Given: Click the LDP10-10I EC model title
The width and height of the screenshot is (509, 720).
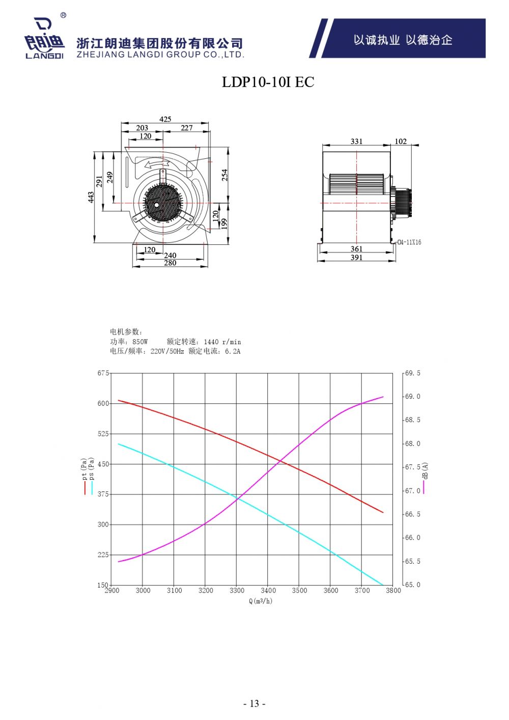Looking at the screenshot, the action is (x=268, y=82).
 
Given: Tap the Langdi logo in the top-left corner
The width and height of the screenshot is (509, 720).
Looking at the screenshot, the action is (x=44, y=38).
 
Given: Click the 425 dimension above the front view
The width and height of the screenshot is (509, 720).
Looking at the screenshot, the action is (x=165, y=119).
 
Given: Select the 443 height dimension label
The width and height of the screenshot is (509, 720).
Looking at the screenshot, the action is (x=91, y=197).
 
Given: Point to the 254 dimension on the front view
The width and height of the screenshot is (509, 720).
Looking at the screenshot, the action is (x=224, y=175).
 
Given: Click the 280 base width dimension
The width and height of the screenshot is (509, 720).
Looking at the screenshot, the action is (x=170, y=263).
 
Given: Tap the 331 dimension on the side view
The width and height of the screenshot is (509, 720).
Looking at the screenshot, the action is (x=356, y=142).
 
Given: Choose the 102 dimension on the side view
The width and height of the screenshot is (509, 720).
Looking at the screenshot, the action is (x=401, y=142).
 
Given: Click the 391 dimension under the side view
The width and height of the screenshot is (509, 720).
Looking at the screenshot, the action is (x=356, y=258).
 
